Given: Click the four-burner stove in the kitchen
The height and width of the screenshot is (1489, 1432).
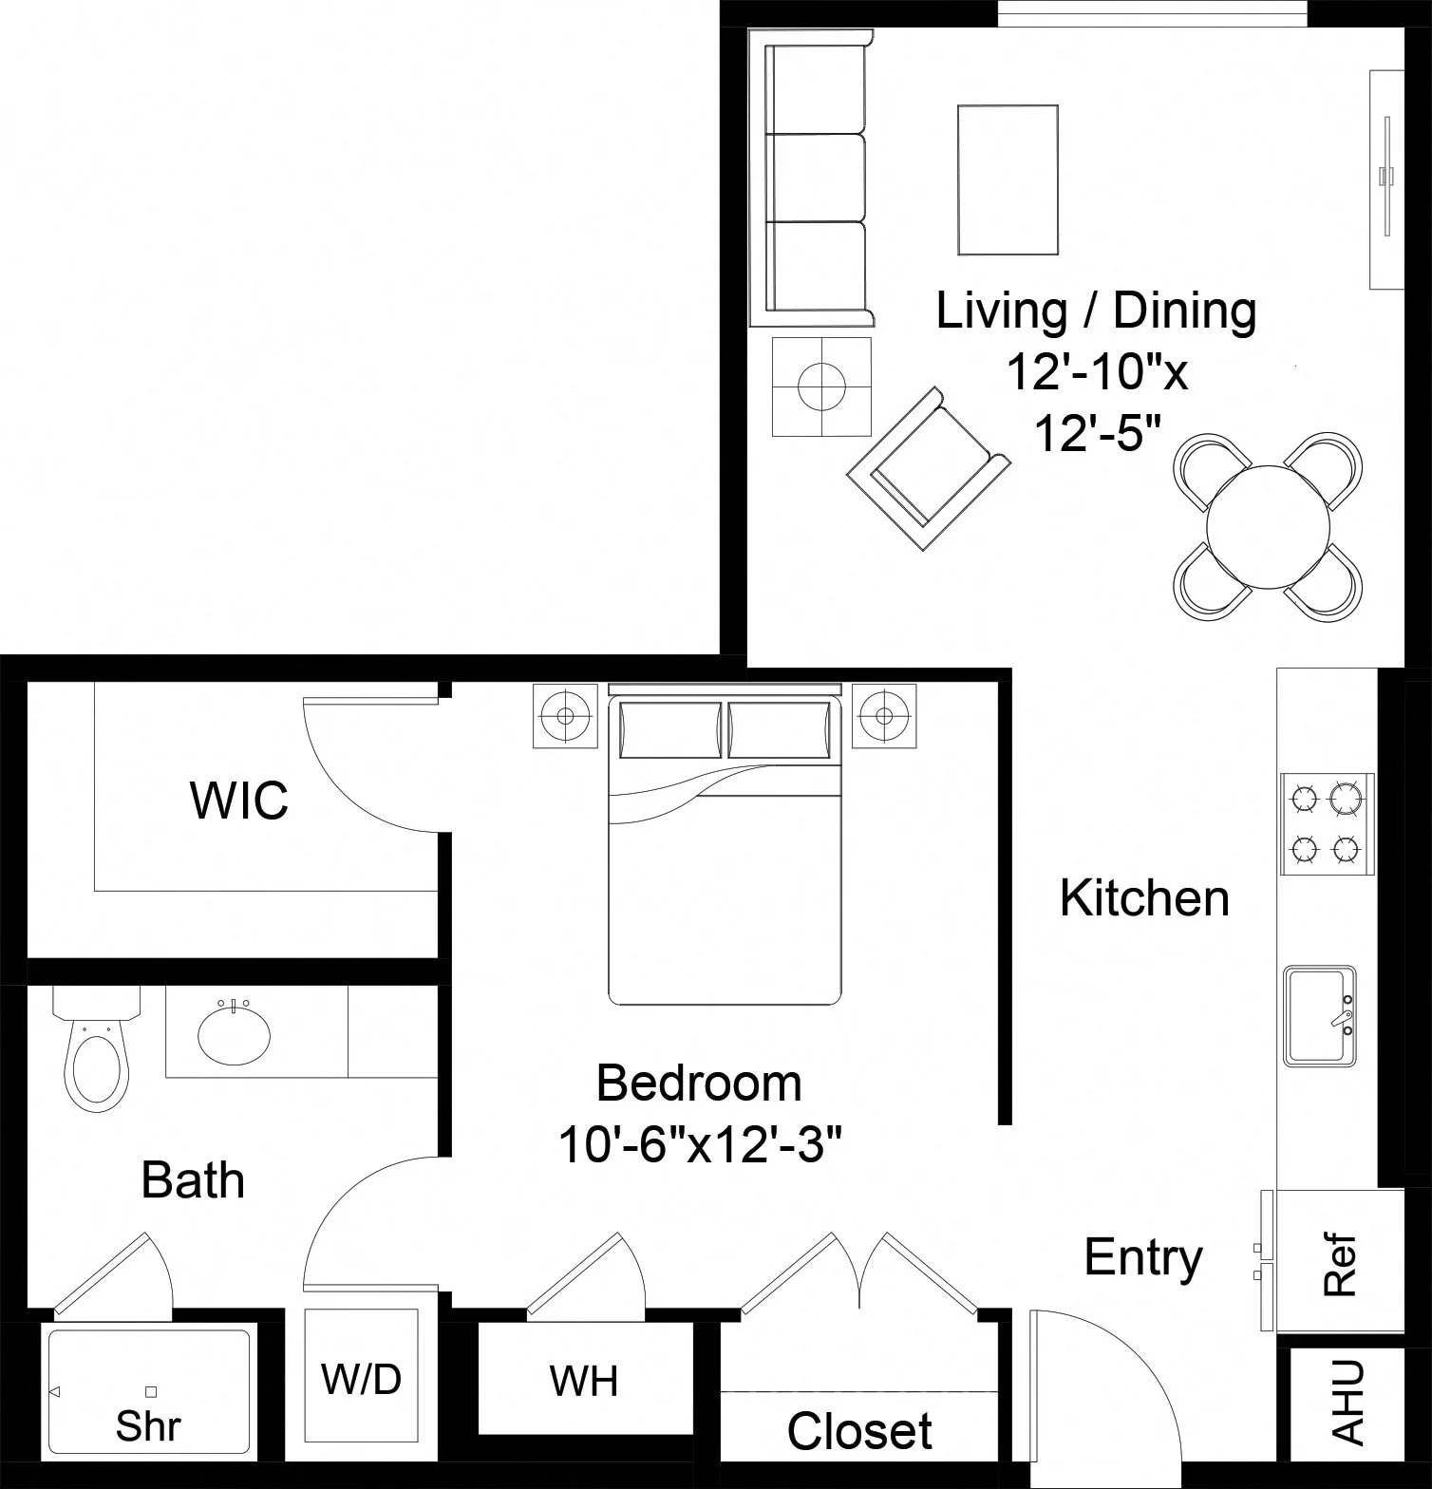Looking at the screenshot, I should [1327, 822].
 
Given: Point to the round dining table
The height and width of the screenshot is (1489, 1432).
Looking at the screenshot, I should [1268, 525].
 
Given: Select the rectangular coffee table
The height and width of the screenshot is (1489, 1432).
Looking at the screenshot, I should [1008, 179].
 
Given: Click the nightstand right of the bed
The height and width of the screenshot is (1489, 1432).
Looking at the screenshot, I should [884, 715].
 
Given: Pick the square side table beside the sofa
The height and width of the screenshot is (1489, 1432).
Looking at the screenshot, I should [821, 386].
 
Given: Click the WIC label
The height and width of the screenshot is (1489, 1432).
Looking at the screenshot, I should [239, 801].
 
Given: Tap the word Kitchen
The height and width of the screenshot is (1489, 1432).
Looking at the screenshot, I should [1144, 898].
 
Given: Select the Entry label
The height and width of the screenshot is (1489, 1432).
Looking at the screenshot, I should [1143, 1257].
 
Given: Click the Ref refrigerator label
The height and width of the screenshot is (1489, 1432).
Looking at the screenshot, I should [1339, 1265].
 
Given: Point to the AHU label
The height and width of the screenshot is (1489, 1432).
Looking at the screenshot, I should [1347, 1403].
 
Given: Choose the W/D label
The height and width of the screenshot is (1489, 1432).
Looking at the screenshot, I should [361, 1379].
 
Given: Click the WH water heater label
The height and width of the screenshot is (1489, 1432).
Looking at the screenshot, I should [584, 1381].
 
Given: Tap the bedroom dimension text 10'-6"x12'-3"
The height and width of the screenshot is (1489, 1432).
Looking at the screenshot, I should [700, 1144].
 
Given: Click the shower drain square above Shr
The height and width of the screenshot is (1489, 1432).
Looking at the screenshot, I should [151, 1392].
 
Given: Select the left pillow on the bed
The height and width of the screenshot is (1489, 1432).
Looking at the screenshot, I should [670, 730].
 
